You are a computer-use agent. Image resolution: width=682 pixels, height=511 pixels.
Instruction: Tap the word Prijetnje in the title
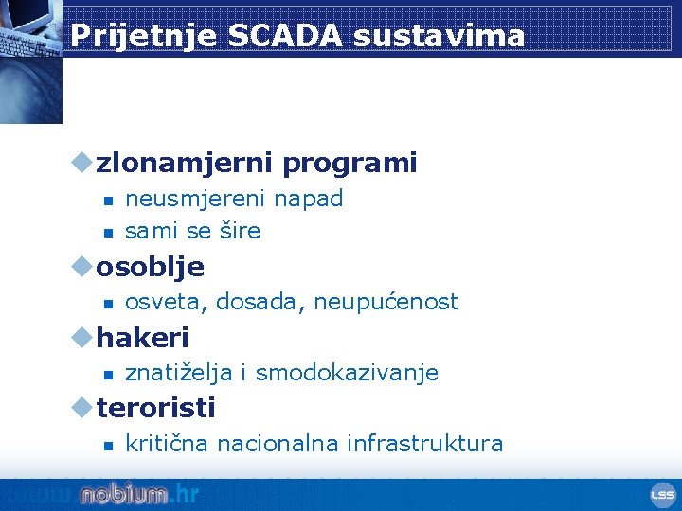click(x=144, y=36)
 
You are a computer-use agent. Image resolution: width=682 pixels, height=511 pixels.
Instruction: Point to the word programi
click(x=350, y=163)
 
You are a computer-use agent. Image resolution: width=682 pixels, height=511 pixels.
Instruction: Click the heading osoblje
click(x=150, y=267)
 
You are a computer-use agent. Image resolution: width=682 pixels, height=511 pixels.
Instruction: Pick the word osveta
click(x=167, y=302)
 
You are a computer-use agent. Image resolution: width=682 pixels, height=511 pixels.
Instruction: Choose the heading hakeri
click(x=142, y=337)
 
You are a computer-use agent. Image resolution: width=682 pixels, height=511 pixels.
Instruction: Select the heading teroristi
click(x=155, y=408)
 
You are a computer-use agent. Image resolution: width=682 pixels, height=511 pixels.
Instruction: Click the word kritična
click(x=168, y=444)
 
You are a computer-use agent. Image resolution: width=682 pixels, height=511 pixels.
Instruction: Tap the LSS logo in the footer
click(x=661, y=495)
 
